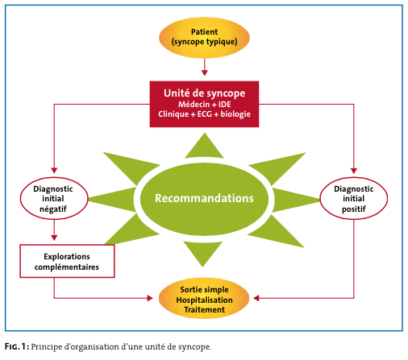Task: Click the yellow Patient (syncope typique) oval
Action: (204, 38)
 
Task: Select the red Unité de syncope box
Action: (204, 104)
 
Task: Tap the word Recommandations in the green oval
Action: (204, 198)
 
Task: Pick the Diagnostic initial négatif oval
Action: (54, 198)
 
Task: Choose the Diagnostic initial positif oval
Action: (354, 198)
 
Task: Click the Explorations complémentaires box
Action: (67, 261)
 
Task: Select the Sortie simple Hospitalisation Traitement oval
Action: (204, 299)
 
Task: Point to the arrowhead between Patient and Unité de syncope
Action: (205, 72)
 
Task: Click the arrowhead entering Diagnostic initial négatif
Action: (54, 171)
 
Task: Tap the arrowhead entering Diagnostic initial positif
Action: (354, 171)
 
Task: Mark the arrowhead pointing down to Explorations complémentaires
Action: (54, 238)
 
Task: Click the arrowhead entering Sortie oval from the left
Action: (150, 298)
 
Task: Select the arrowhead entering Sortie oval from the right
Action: (256, 298)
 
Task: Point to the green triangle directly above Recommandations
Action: (204, 147)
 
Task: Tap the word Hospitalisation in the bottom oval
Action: (204, 300)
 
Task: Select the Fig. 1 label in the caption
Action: (17, 346)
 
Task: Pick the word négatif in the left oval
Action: (53, 209)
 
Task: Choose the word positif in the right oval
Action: (354, 209)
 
